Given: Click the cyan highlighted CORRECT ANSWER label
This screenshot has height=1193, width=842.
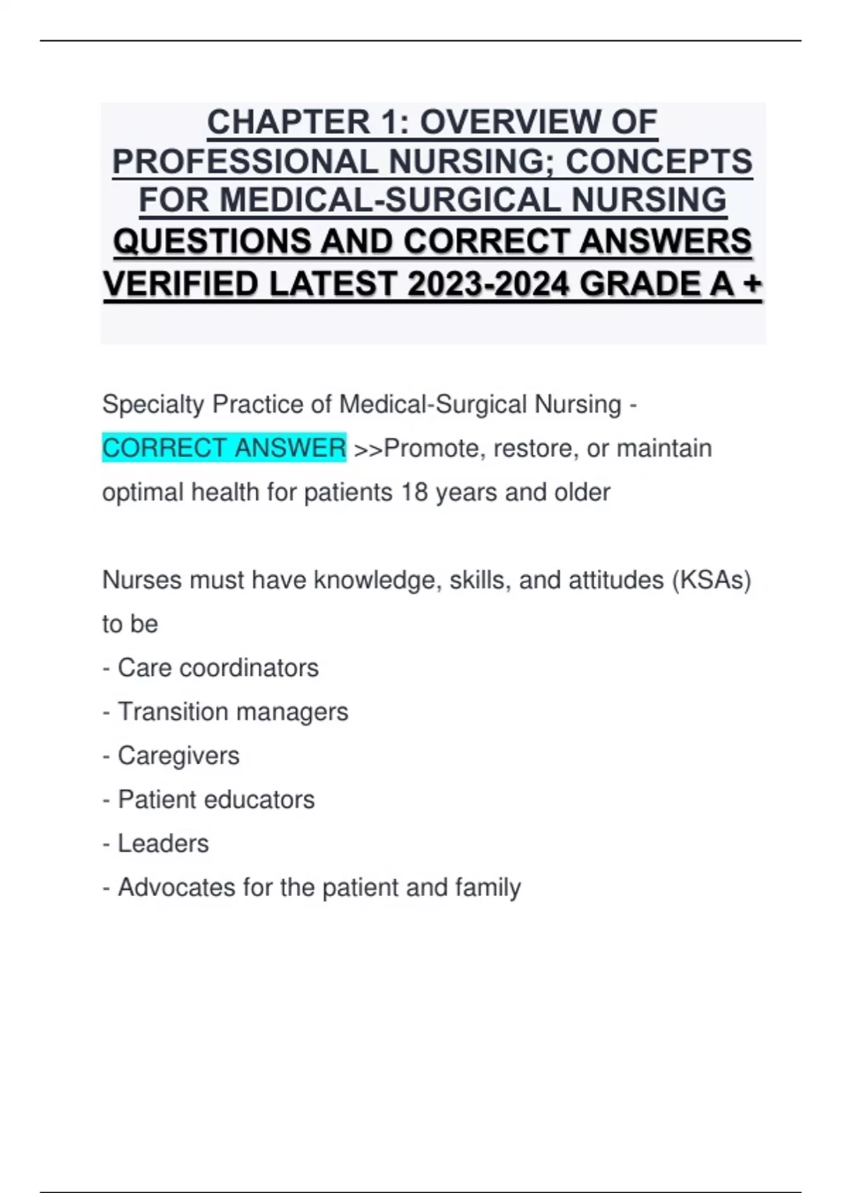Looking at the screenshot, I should [x=224, y=448].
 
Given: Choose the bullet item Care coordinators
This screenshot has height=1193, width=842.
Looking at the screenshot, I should [x=218, y=668].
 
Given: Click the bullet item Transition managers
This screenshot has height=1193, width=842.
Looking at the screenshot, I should [x=232, y=712].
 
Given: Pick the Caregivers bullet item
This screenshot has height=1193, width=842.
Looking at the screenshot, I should [x=178, y=756].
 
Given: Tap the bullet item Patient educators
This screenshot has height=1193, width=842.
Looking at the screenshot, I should [x=216, y=799].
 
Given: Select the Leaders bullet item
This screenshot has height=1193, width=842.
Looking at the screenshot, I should [x=163, y=844].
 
